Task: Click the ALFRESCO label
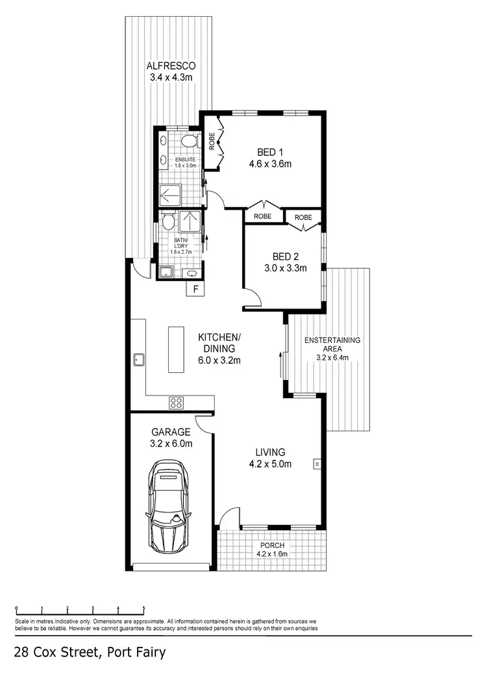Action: pos(171,66)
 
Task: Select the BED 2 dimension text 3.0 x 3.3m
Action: pos(286,267)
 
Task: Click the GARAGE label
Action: pos(171,431)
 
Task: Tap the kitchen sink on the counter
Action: pos(138,358)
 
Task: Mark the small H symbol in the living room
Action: pos(317,464)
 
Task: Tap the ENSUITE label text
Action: pos(180,159)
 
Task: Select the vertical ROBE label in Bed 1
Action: pos(212,141)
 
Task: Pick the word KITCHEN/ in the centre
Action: pos(219,337)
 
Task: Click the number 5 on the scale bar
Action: pos(144,608)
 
